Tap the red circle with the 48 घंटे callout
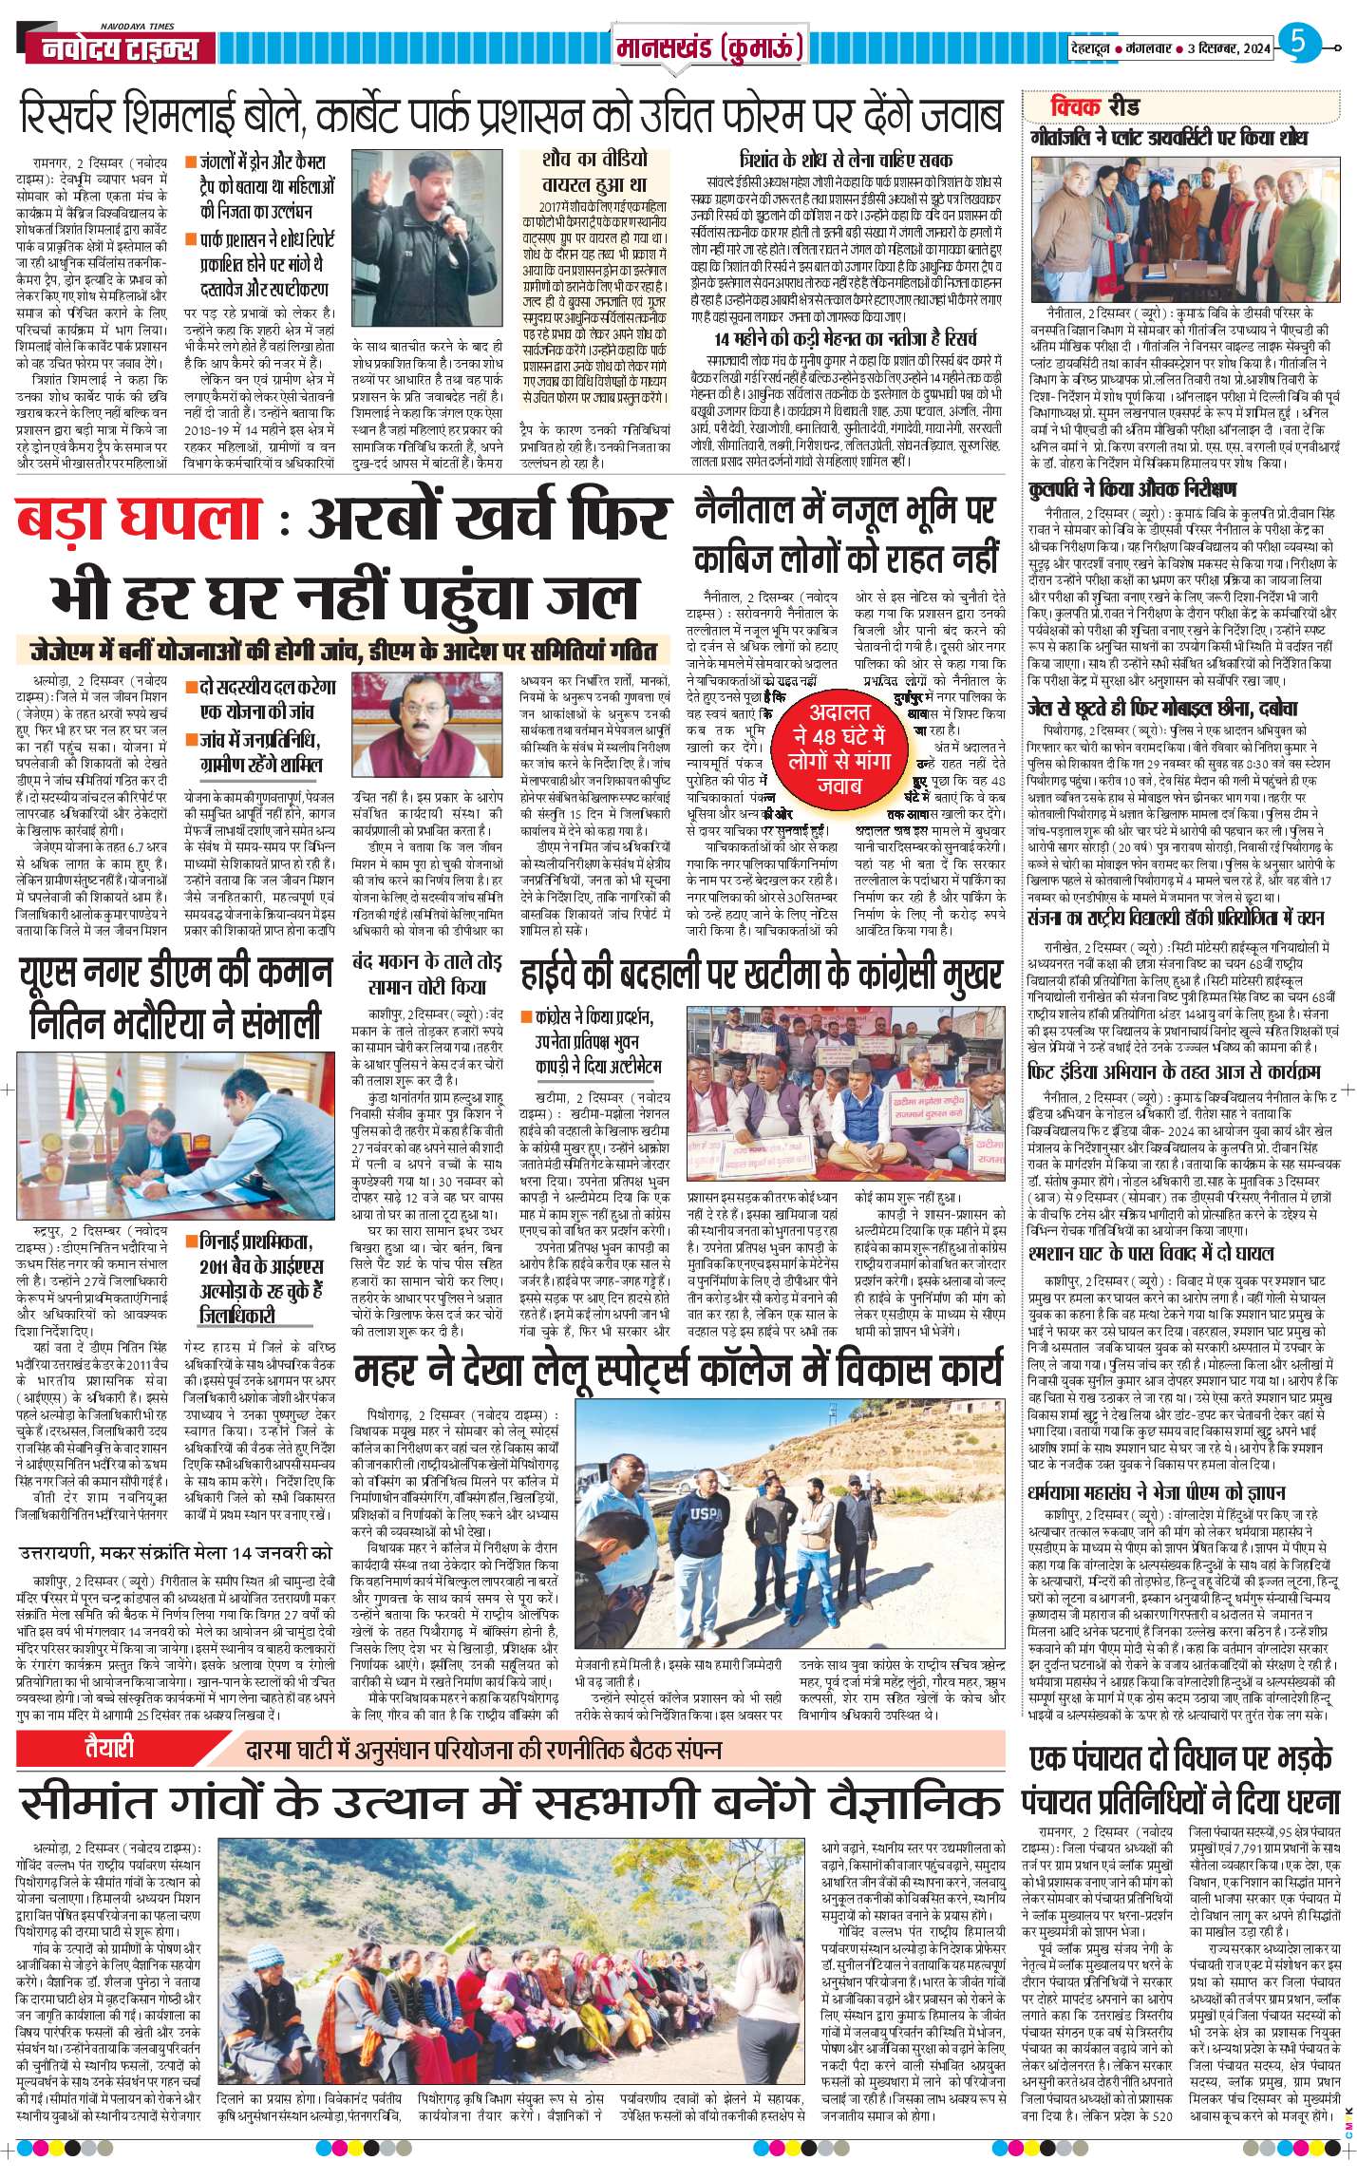coord(839,749)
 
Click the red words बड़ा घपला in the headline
coord(139,519)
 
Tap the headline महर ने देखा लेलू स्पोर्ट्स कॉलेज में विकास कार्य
coord(678,1370)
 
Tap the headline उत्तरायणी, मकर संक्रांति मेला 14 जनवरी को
coord(176,1553)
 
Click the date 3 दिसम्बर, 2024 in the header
coord(1229,47)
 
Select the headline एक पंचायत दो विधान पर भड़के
coord(1180,1758)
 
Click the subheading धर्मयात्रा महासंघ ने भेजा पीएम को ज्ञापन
coord(1157,1492)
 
